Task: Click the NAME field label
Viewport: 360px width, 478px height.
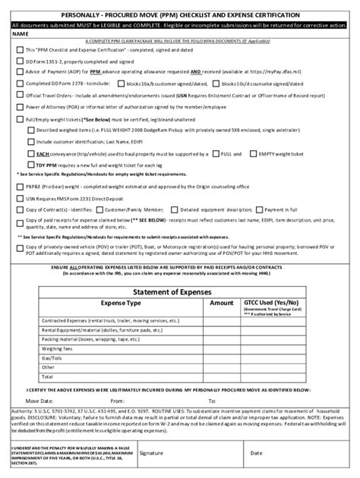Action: [21, 33]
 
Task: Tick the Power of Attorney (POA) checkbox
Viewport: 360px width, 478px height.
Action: [21, 108]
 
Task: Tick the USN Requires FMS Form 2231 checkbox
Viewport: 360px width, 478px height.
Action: [21, 219]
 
